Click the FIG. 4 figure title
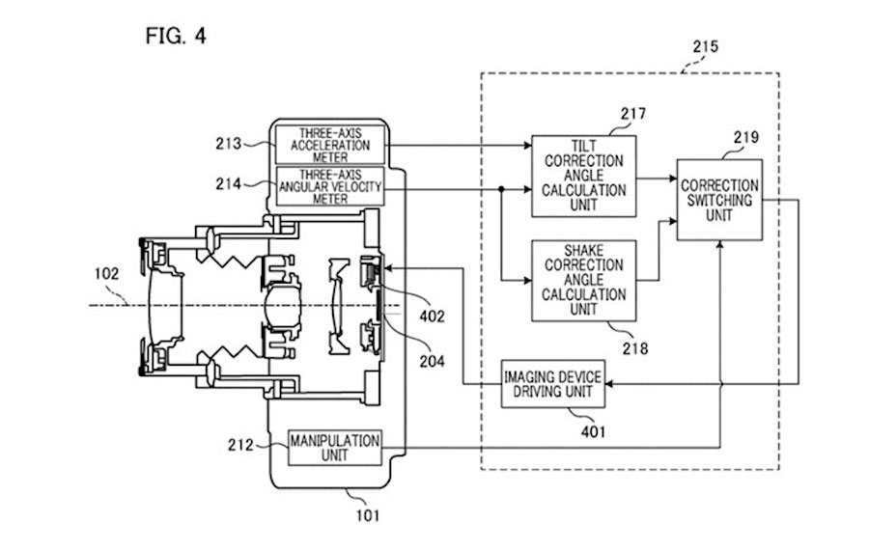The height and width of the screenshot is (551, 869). tap(175, 37)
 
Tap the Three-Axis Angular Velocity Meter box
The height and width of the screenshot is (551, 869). tap(330, 185)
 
